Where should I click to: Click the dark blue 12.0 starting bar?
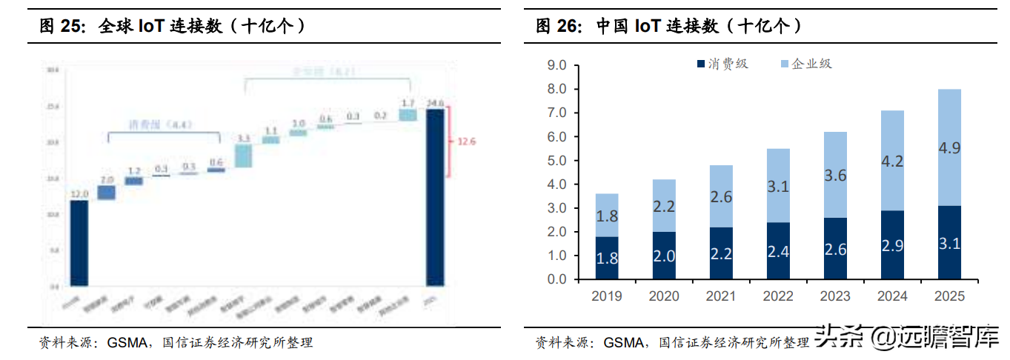79,243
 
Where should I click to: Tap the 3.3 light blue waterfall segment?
243,156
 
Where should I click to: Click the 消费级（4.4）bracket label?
161,124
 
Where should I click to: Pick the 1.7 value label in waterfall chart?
407,103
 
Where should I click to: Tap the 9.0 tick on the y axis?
557,65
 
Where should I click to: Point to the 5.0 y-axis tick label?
557,161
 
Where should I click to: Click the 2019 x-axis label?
607,296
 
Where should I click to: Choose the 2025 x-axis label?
949,296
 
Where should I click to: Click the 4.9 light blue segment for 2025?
949,147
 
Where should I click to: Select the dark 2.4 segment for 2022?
778,251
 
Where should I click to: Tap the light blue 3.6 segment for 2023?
835,175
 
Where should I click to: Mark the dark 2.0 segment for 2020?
664,256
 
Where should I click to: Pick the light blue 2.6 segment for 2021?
721,196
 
